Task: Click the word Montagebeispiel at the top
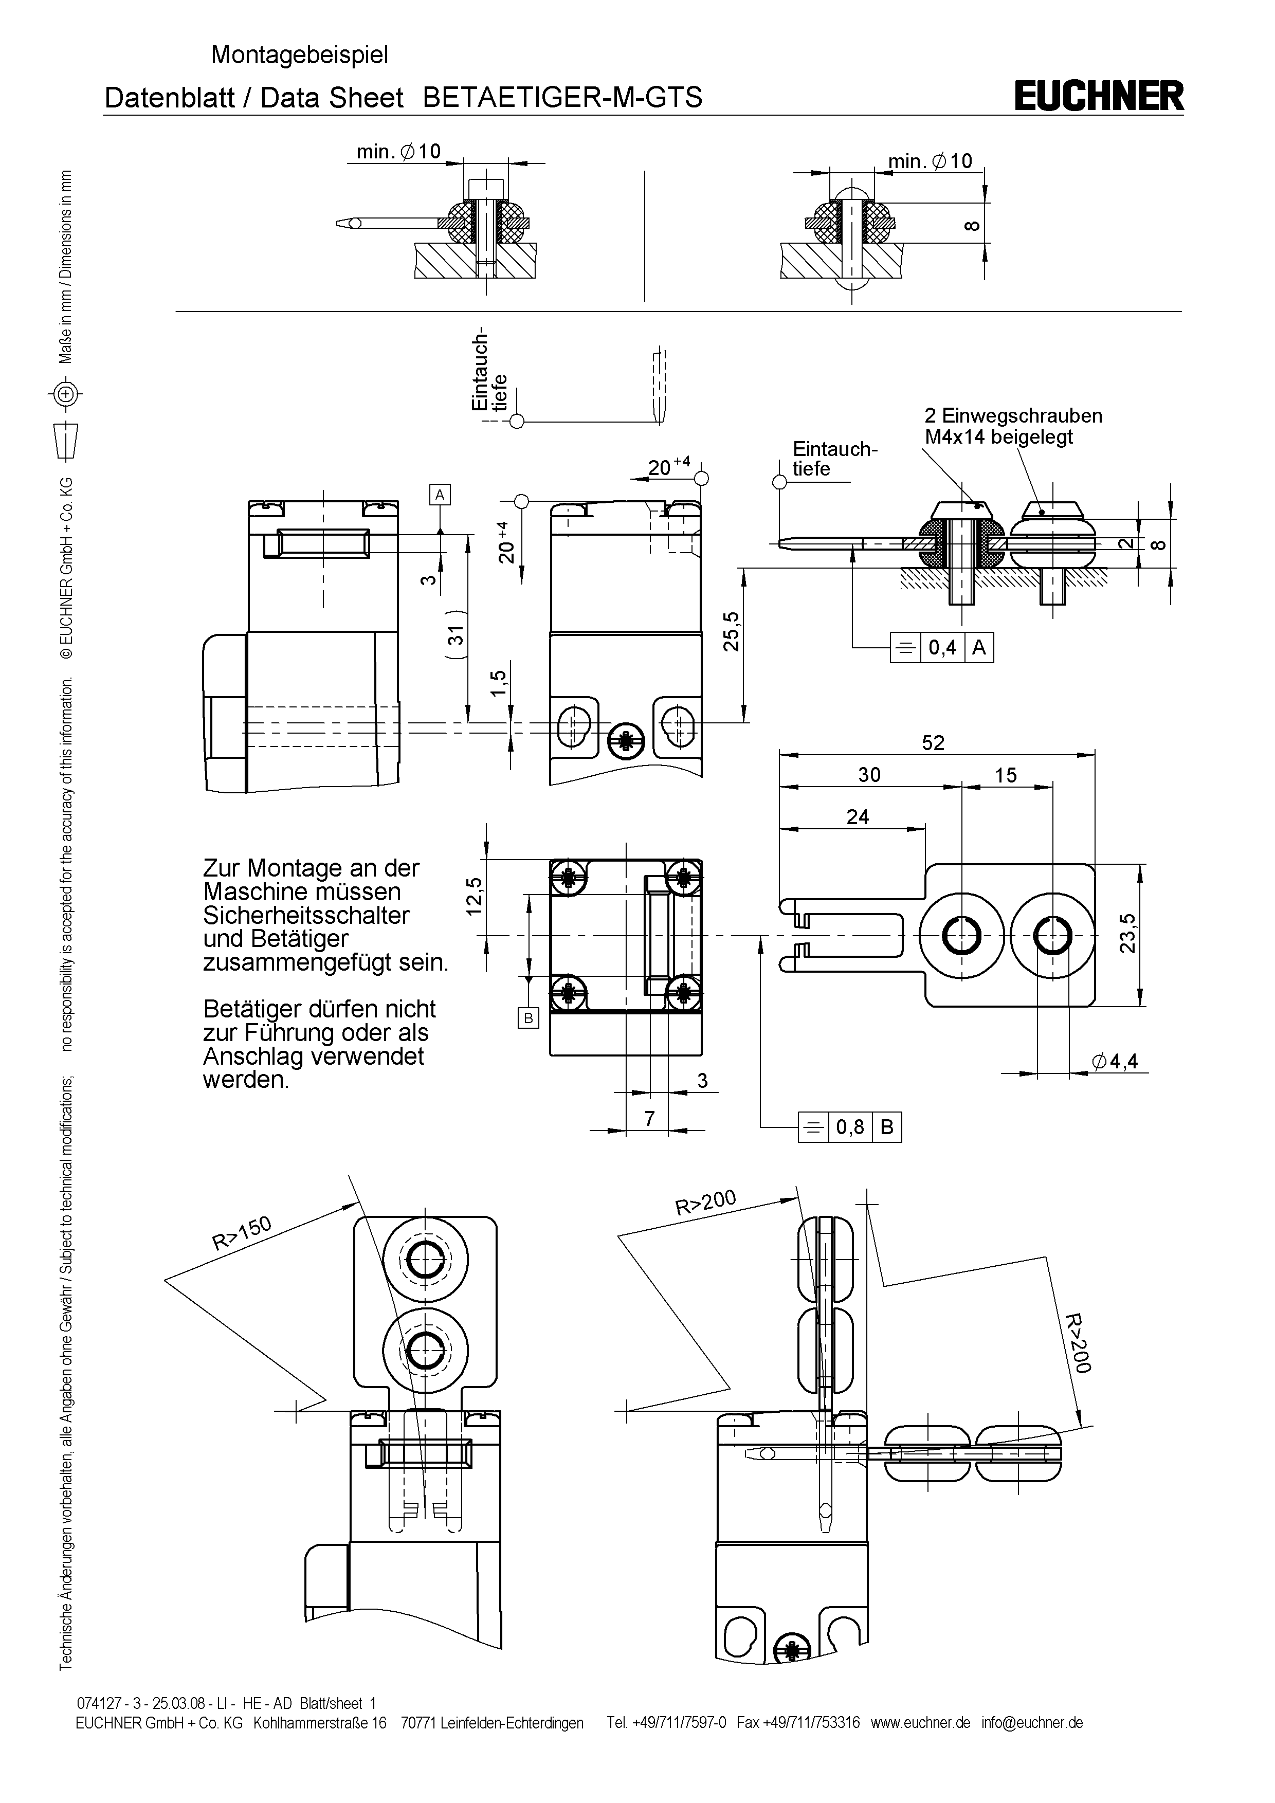pyautogui.click(x=299, y=55)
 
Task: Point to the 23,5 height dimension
pyautogui.click(x=1127, y=933)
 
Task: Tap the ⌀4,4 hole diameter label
pyautogui.click(x=1115, y=1062)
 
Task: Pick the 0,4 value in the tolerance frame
pyautogui.click(x=942, y=648)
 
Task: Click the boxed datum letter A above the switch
pyautogui.click(x=440, y=494)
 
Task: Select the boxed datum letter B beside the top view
pyautogui.click(x=529, y=1018)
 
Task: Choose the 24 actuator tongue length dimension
pyautogui.click(x=858, y=817)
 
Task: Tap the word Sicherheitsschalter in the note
pyautogui.click(x=306, y=916)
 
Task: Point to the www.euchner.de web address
pyautogui.click(x=920, y=1722)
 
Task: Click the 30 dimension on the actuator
pyautogui.click(x=869, y=775)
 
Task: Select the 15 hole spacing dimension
pyautogui.click(x=1006, y=775)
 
